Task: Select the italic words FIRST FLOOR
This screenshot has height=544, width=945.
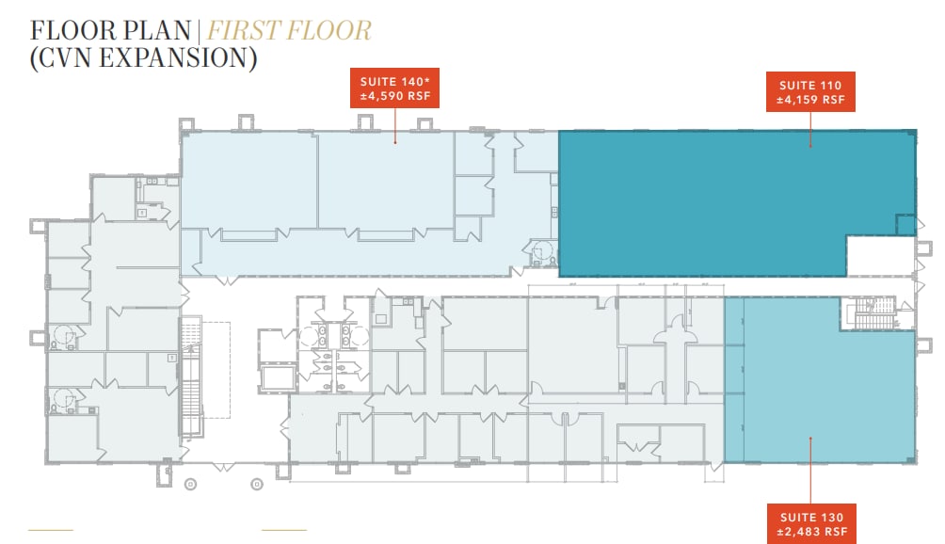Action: pyautogui.click(x=289, y=29)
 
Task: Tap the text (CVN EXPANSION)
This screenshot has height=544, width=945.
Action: pyautogui.click(x=144, y=58)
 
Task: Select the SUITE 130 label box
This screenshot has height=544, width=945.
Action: pyautogui.click(x=812, y=524)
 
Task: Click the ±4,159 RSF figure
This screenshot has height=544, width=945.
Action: pyautogui.click(x=810, y=99)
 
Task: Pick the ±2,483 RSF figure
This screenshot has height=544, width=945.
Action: pyautogui.click(x=812, y=533)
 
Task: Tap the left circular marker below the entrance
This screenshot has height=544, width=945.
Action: pyautogui.click(x=190, y=485)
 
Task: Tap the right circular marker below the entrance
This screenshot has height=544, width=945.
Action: pyautogui.click(x=255, y=485)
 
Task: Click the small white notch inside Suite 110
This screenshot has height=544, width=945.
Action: pyautogui.click(x=879, y=255)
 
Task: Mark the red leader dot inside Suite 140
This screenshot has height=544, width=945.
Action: pyautogui.click(x=395, y=142)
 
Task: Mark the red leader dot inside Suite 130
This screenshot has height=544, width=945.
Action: pyautogui.click(x=811, y=438)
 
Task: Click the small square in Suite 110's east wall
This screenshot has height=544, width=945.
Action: pyautogui.click(x=905, y=224)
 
